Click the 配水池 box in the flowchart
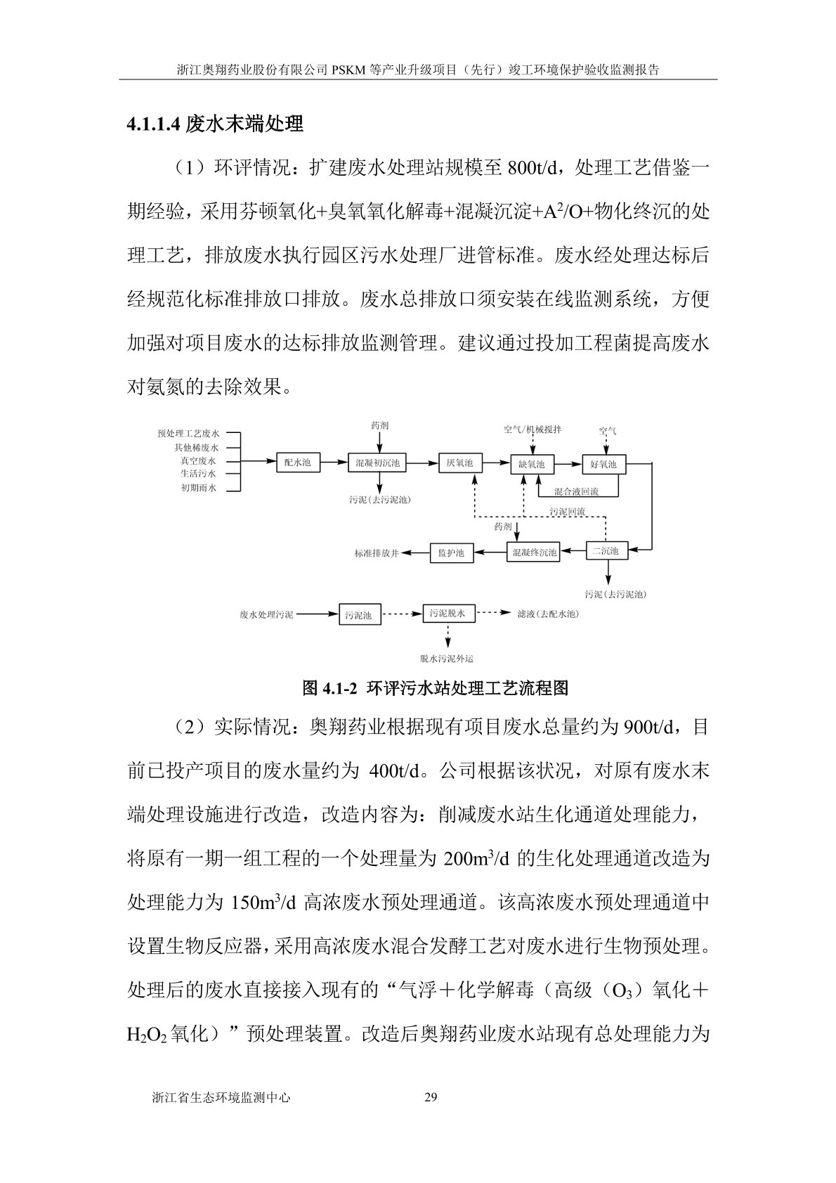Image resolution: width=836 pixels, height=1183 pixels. (x=297, y=463)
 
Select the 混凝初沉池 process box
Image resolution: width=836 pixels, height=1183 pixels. (x=377, y=463)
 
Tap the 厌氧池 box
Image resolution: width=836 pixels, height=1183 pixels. (x=459, y=463)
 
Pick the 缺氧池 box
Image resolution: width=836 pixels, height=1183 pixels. (x=531, y=465)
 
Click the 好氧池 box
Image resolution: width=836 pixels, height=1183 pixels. (x=603, y=465)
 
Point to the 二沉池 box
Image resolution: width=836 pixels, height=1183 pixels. (x=605, y=551)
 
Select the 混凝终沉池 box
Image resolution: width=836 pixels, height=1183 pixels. (x=534, y=552)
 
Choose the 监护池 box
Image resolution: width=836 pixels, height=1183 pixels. (x=450, y=553)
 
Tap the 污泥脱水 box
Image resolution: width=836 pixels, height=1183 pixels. (x=448, y=614)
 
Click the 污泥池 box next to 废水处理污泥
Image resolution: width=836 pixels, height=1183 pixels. (x=359, y=615)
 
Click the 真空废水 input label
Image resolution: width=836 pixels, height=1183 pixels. (x=197, y=461)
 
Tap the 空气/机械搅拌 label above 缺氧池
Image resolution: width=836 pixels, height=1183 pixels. (x=532, y=429)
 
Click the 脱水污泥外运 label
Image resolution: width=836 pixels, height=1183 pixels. (x=447, y=659)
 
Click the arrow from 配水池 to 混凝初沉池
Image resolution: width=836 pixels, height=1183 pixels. (x=334, y=463)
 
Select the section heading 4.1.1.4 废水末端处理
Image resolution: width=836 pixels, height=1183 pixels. (x=215, y=124)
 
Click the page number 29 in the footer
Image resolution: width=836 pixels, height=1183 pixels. (x=431, y=1097)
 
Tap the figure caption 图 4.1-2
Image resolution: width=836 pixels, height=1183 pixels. (x=435, y=688)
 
